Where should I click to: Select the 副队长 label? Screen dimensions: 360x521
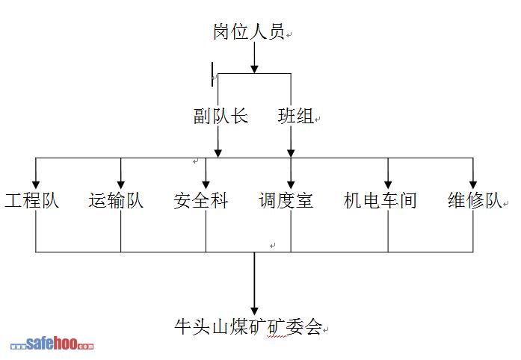coord(220,117)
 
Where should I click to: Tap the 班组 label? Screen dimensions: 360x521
coord(297,117)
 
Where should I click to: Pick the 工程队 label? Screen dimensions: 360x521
coord(32,201)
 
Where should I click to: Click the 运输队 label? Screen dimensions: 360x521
coord(116,201)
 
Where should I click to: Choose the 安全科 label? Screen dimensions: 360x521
coord(201,201)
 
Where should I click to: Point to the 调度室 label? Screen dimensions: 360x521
coord(286,201)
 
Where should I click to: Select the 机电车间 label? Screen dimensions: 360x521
coord(380,201)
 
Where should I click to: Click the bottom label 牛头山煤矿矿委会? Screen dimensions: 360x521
coord(247,326)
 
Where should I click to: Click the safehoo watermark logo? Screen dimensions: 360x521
coord(52,345)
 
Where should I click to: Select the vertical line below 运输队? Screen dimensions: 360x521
coord(121,232)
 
